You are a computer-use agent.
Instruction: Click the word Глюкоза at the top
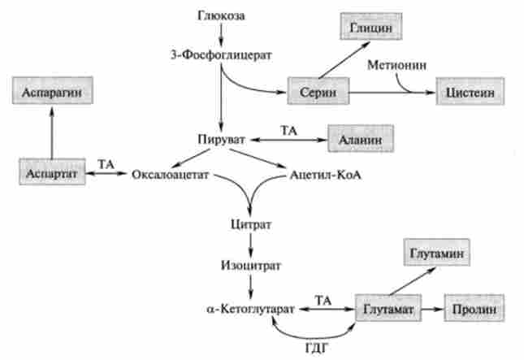(x=222, y=15)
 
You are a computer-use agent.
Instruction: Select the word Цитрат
(x=249, y=223)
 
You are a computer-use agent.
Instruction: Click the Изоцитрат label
(x=249, y=264)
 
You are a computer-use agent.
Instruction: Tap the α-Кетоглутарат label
(x=249, y=310)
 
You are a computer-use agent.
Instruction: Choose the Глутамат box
(x=388, y=310)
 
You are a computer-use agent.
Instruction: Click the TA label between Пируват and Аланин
(x=289, y=130)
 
